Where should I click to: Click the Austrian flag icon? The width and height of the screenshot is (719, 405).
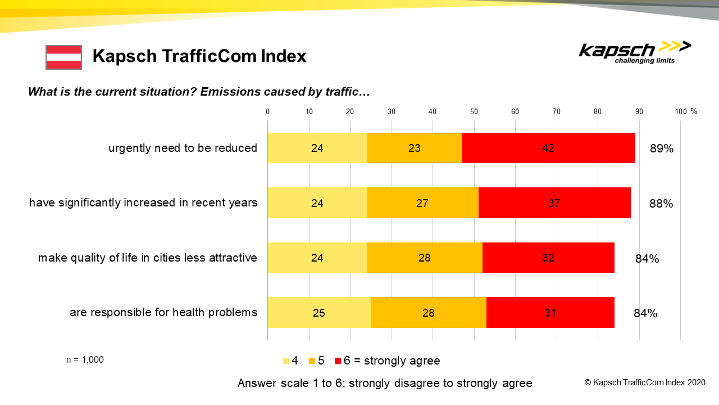click(x=63, y=57)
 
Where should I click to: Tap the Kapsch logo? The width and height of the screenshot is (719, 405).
click(x=635, y=52)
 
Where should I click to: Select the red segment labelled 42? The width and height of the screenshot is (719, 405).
click(x=548, y=148)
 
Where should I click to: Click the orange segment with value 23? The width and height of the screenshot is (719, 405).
click(x=414, y=148)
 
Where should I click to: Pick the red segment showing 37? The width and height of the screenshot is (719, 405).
click(x=554, y=203)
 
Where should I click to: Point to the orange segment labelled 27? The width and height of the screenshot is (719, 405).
click(x=422, y=203)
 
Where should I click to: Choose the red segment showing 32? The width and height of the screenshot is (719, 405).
click(x=548, y=258)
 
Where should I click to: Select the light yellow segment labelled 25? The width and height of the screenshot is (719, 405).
click(x=318, y=312)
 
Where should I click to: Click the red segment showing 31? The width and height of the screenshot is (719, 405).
click(x=550, y=312)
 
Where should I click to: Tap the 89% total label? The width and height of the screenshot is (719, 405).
click(x=661, y=149)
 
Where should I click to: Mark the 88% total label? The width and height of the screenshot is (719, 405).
click(x=661, y=204)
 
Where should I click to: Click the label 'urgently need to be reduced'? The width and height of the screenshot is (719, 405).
click(x=183, y=148)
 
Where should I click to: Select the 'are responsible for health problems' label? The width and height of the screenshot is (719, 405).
click(x=163, y=312)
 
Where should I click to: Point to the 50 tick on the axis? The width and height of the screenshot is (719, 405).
click(x=474, y=111)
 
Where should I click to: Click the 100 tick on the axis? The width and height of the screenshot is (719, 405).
click(x=681, y=111)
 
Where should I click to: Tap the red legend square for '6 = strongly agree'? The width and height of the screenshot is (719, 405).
click(x=338, y=361)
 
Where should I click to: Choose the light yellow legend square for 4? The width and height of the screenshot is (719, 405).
click(x=286, y=361)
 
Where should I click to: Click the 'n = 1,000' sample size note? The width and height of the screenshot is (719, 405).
click(x=85, y=360)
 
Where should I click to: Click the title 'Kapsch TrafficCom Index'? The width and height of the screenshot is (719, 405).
click(x=199, y=56)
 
